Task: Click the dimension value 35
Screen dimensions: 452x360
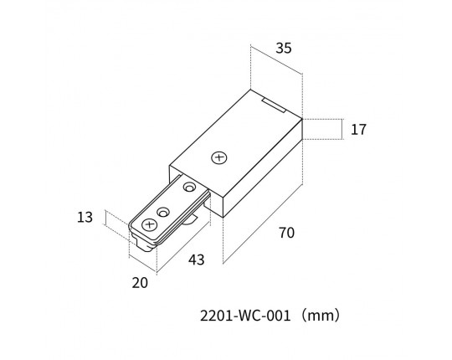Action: [284, 48]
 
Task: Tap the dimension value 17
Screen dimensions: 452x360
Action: [358, 130]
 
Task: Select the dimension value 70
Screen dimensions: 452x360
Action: [287, 233]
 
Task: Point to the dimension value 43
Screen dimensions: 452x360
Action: [197, 260]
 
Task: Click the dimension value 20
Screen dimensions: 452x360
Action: [140, 283]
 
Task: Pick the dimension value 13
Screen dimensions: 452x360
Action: [85, 217]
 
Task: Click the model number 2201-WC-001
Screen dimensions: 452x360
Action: [245, 316]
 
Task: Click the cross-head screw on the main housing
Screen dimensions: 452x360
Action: [219, 157]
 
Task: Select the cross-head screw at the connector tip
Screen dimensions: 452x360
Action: [149, 224]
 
